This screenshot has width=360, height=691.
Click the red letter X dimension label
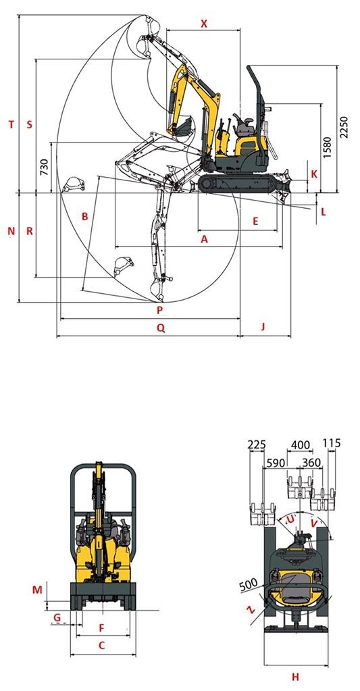click(x=203, y=24)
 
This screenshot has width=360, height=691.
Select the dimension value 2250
click(x=344, y=127)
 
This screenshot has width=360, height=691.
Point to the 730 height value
click(x=44, y=167)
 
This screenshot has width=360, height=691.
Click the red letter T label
click(x=11, y=125)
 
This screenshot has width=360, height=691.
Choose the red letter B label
click(x=85, y=216)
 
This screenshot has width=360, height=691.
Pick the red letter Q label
click(x=161, y=328)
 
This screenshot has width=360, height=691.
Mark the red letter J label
click(x=263, y=326)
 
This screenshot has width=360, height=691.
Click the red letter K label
click(x=313, y=174)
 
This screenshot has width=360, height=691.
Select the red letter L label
click(x=324, y=212)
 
